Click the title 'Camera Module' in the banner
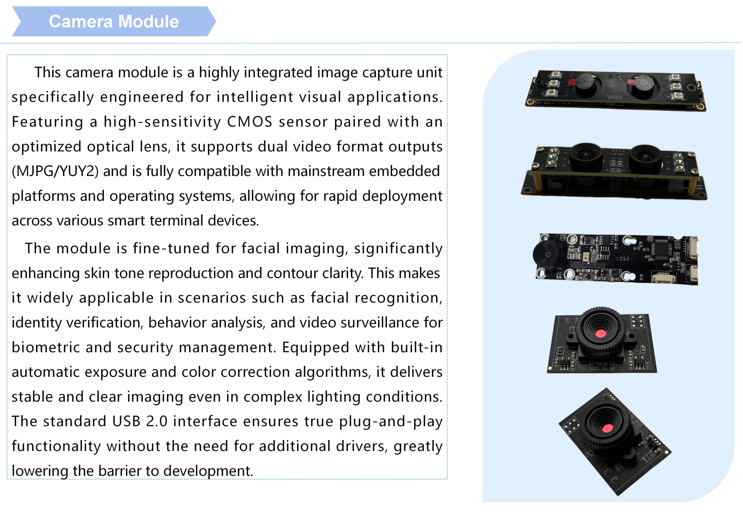coord(114,22)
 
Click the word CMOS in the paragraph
coord(250,122)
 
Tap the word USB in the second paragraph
coord(126,421)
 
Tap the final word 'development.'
coord(208,471)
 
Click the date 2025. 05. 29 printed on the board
coord(602,369)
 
